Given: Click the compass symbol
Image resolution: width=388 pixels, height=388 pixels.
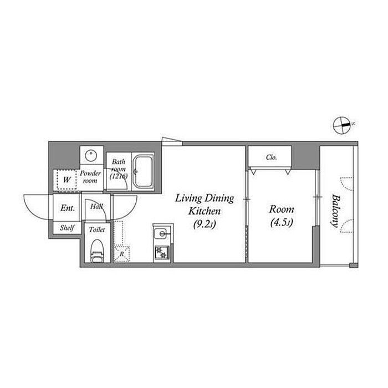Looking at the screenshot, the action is (x=342, y=125).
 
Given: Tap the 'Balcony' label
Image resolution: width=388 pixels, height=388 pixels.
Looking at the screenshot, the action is (x=335, y=211).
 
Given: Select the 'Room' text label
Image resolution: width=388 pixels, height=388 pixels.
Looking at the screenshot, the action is (x=282, y=210).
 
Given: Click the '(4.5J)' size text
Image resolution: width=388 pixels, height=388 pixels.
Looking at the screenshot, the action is (x=282, y=222).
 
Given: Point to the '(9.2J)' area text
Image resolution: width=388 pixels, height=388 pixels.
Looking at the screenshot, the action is (x=205, y=224).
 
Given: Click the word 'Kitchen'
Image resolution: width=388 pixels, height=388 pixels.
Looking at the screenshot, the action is (x=205, y=211).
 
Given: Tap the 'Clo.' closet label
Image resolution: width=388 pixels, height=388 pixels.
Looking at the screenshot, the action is (x=271, y=157).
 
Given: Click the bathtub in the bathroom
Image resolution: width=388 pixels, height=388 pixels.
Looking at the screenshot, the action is (x=142, y=171).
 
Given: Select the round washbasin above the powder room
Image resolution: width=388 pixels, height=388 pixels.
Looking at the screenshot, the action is (x=91, y=155).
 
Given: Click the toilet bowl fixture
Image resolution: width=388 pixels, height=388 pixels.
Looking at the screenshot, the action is (x=97, y=251).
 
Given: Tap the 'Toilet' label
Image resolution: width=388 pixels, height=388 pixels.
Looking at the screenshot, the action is (x=97, y=229).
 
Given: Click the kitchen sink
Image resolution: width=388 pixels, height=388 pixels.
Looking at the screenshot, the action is (x=162, y=233).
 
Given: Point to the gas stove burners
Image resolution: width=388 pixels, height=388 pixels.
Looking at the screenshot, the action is (x=162, y=252).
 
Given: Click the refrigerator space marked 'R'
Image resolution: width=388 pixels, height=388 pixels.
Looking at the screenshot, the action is (x=121, y=253).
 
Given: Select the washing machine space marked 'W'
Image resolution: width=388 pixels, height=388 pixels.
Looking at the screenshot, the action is (x=67, y=180).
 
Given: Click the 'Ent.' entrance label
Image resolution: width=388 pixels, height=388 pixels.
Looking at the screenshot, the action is (x=68, y=208).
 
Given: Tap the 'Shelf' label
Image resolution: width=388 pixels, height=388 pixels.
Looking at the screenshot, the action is (x=67, y=227).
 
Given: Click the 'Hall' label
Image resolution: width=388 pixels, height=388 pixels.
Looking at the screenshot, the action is (x=96, y=206).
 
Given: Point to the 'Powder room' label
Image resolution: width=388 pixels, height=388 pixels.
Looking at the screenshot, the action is (x=90, y=177).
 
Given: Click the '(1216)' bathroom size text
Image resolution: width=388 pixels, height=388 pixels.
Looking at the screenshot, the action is (x=119, y=176).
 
